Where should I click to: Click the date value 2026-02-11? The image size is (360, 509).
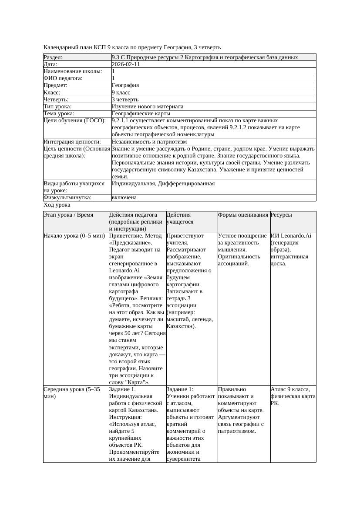tap(126, 64)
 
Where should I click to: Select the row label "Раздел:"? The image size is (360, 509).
tap(53, 57)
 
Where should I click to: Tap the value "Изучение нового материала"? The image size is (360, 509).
tap(148, 106)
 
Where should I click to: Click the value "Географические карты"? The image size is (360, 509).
tap(141, 114)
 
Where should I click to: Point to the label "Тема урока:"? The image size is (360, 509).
tap(59, 114)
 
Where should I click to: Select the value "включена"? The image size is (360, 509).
tap(124, 198)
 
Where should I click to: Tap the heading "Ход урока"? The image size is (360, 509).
tap(57, 205)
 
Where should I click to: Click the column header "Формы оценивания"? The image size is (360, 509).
tap(243, 215)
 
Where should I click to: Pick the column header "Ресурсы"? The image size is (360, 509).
tap(281, 215)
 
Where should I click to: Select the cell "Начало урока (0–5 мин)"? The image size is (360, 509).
tap(74, 236)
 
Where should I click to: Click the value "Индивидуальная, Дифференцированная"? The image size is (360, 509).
tap(163, 184)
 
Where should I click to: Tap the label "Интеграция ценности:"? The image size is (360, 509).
tap(72, 141)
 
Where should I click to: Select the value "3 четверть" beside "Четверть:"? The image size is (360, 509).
tap(125, 99)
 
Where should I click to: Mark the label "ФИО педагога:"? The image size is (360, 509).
tap(63, 78)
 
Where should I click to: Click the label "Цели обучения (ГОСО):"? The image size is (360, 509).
tap(74, 121)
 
